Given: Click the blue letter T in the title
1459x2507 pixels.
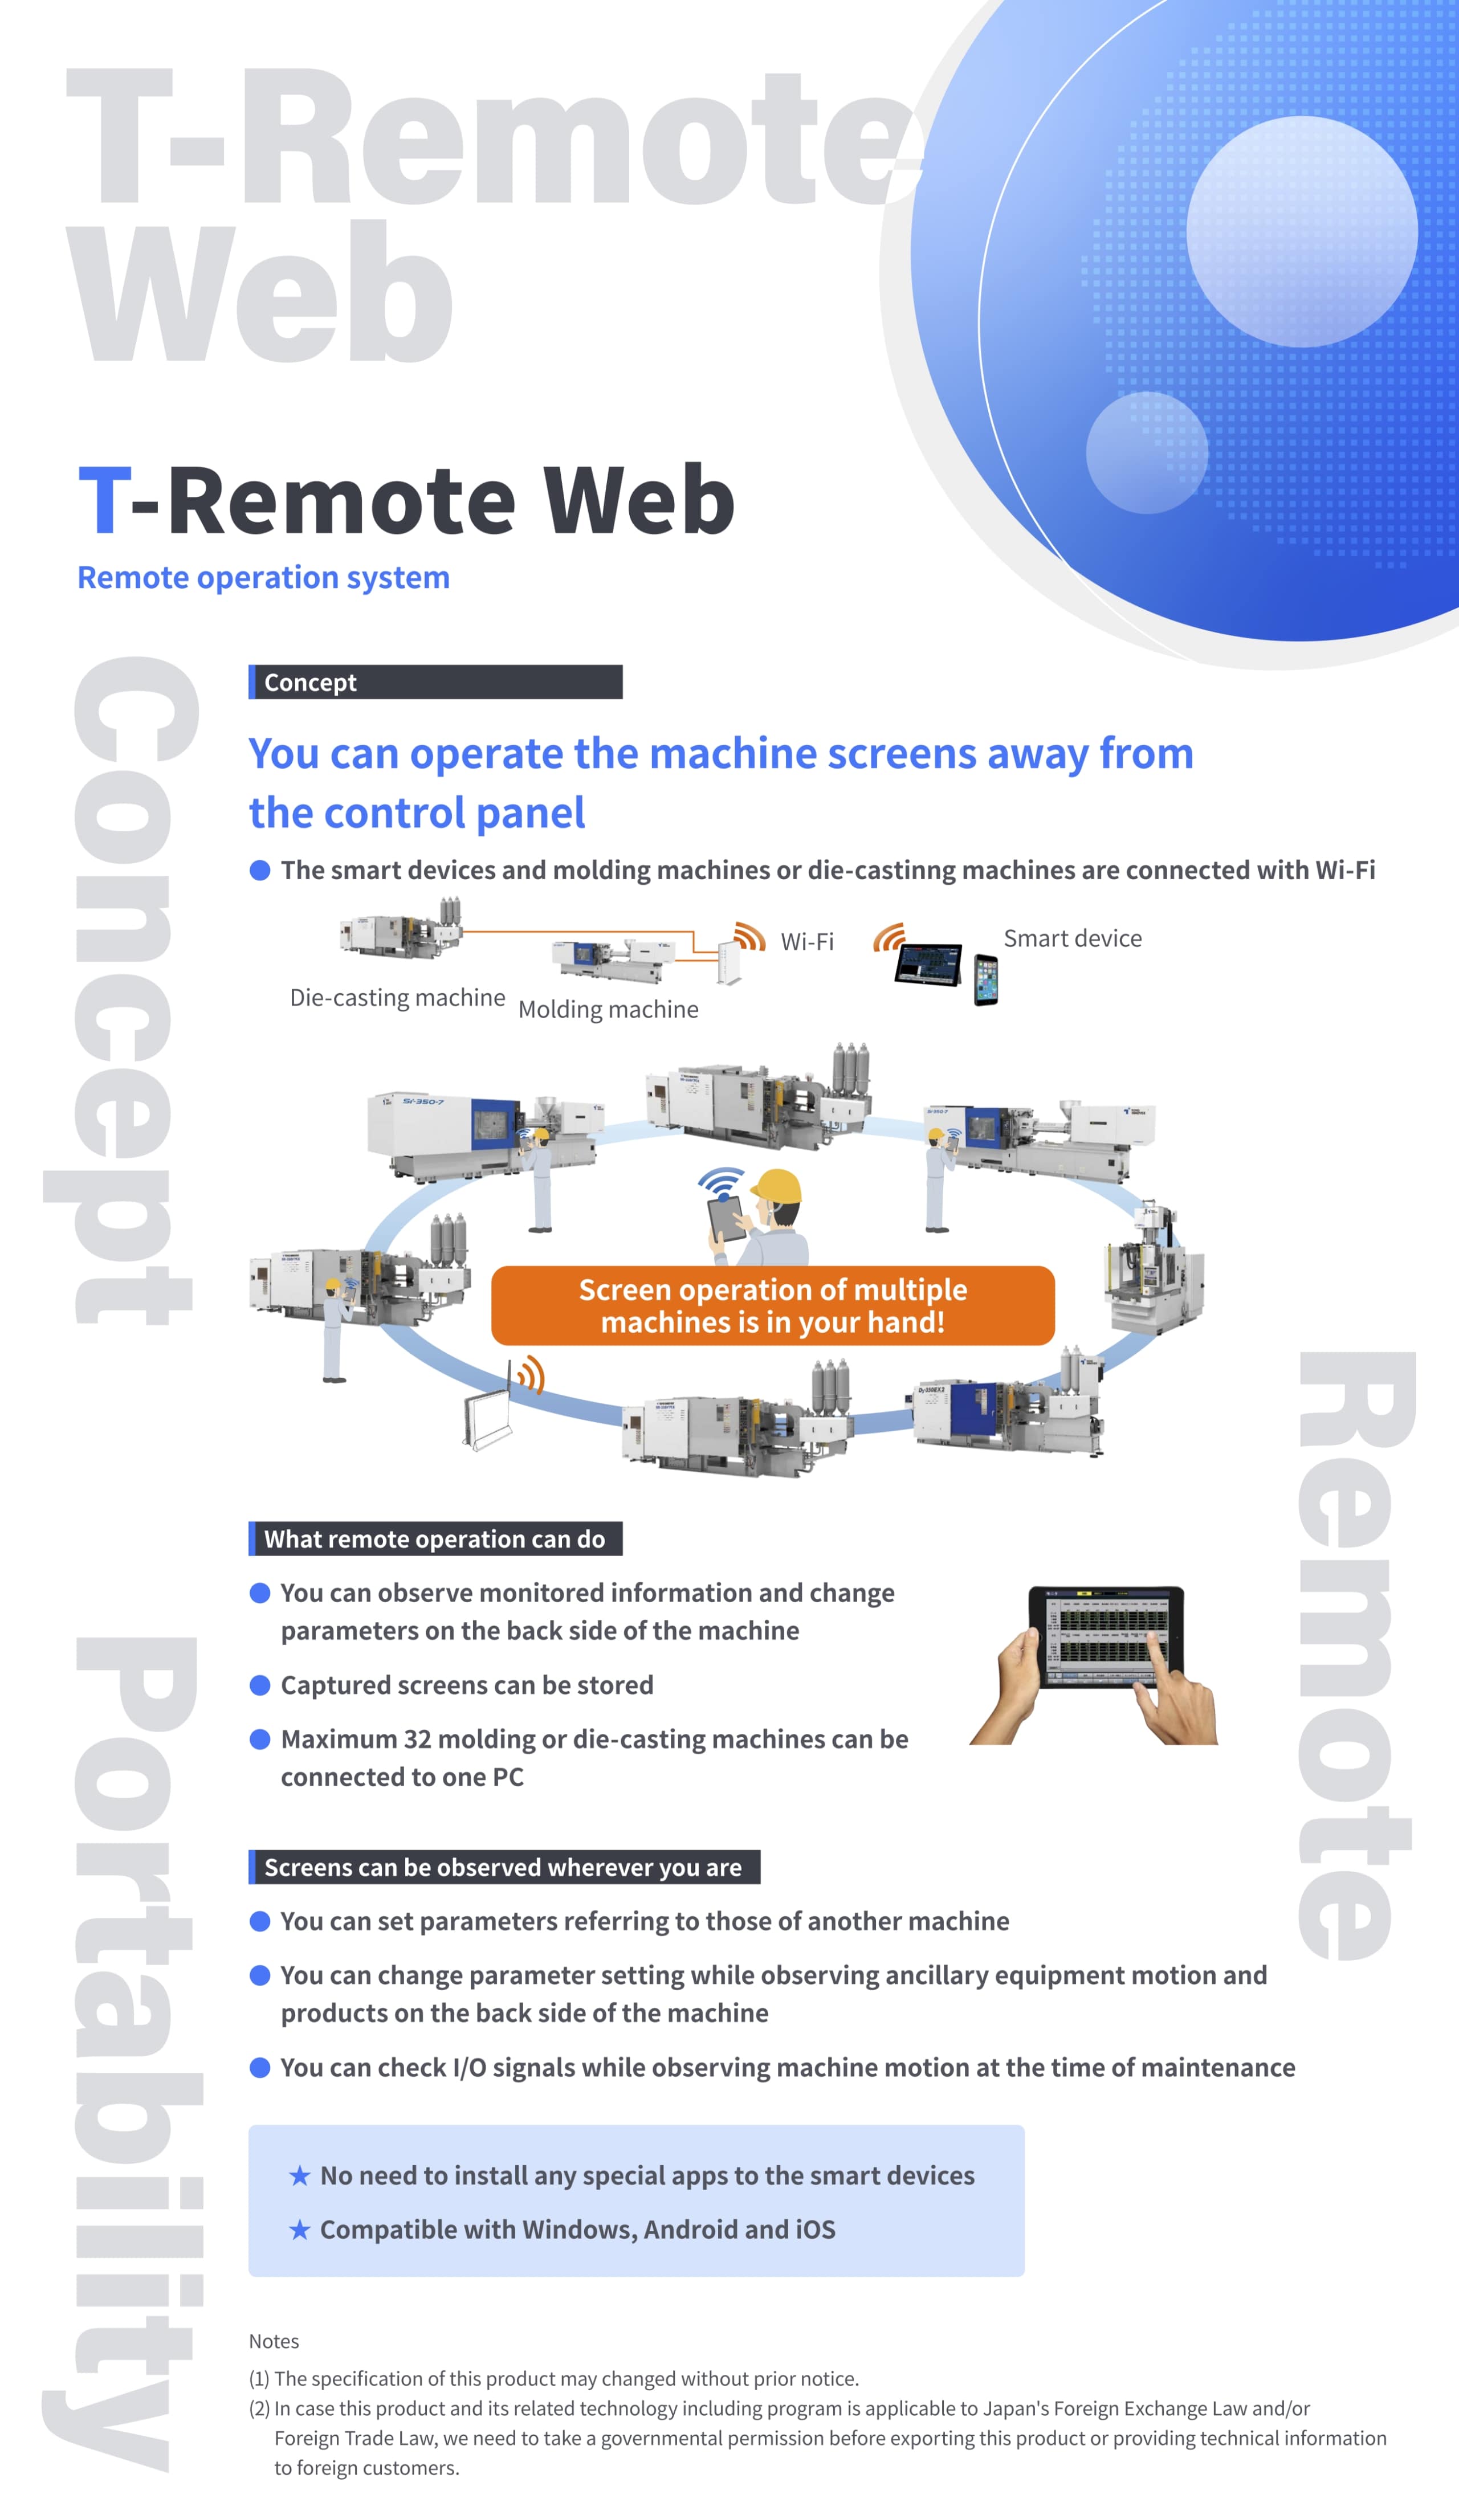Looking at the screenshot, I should pos(104,500).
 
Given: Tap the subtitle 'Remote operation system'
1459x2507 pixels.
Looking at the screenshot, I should pos(264,577).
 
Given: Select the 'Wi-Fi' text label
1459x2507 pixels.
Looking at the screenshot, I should pos(807,941).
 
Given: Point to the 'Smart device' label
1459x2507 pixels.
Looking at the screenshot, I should pos(1072,938).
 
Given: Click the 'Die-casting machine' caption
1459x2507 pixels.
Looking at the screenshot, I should pos(397,998).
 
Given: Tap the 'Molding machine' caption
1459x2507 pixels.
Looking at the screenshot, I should pos(608,1010).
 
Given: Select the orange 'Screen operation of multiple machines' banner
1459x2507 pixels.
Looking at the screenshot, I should pos(772,1305).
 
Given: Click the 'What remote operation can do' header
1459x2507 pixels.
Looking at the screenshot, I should pos(435,1539).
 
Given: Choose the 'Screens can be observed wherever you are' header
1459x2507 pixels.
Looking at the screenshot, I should pos(504,1867).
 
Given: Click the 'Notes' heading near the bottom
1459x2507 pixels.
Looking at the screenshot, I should pos(274,2341).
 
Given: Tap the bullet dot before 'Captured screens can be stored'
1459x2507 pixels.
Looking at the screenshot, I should pos(260,1685).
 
